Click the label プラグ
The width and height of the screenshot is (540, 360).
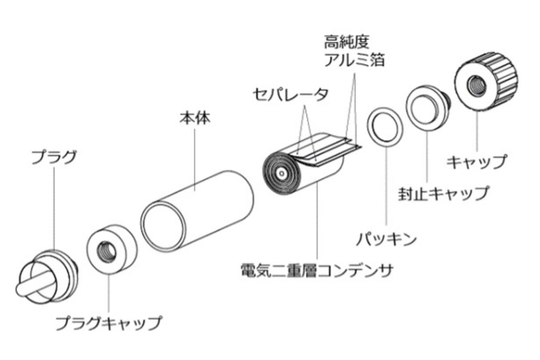(x=54, y=158)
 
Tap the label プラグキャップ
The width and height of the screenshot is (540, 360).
(x=108, y=323)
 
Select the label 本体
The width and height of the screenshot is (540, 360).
(x=195, y=118)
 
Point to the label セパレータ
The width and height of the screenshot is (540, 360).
(x=291, y=94)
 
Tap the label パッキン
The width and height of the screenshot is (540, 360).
(x=386, y=239)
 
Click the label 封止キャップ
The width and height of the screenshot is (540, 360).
(x=443, y=193)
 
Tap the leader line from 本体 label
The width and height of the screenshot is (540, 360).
(x=195, y=158)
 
